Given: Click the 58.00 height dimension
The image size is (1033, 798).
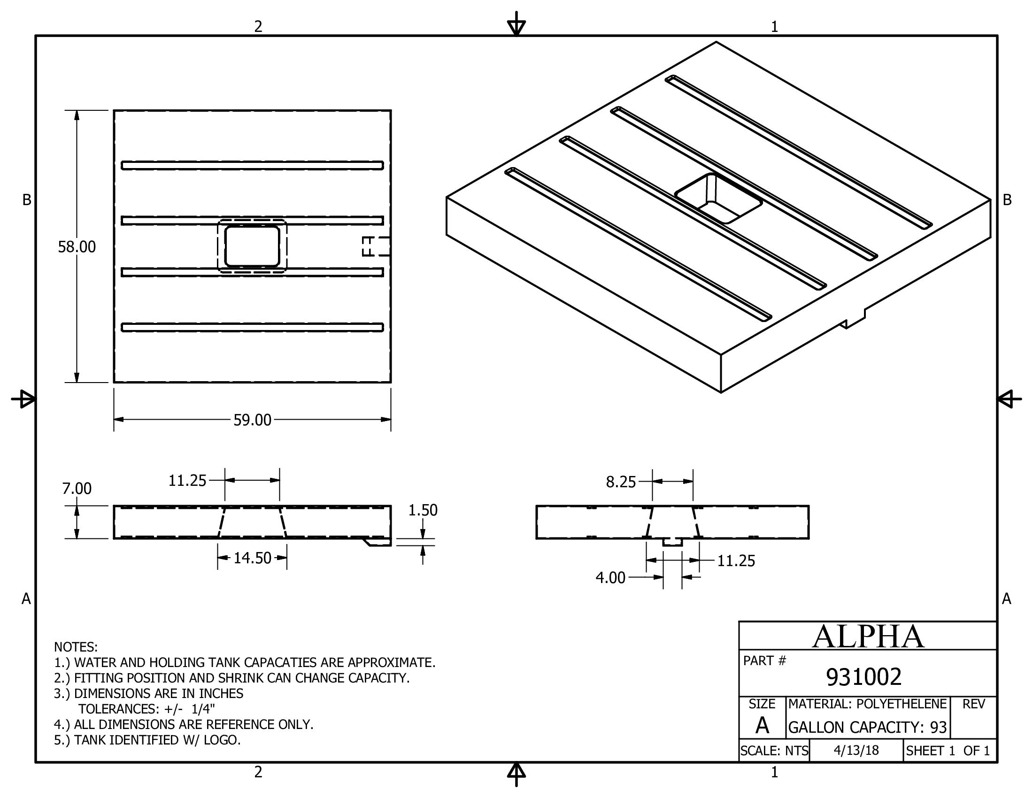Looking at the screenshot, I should [x=77, y=246].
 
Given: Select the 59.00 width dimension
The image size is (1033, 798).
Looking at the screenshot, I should [x=252, y=420].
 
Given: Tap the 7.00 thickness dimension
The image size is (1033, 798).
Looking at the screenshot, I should [x=77, y=488].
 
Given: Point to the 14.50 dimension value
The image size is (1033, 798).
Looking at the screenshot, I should [x=252, y=558].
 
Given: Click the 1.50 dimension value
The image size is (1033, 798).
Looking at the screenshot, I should [x=423, y=510].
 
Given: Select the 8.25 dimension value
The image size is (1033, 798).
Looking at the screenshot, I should [x=621, y=482].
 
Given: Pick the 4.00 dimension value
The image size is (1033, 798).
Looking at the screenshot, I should [x=610, y=578].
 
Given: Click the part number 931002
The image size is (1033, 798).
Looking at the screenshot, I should [x=863, y=677].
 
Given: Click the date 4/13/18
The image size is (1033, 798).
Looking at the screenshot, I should [x=856, y=751].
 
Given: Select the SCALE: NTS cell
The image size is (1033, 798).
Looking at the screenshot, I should [x=774, y=751].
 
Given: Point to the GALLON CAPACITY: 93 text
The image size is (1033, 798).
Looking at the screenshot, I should [x=867, y=727].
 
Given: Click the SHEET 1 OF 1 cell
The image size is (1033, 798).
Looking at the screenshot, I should [x=948, y=751].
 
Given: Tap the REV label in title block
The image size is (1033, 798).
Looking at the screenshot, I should [x=973, y=705].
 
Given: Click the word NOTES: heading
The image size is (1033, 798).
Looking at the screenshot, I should [x=76, y=647].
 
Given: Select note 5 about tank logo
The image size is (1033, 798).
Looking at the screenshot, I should [x=147, y=740].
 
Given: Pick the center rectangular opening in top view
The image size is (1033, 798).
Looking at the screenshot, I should [x=252, y=246].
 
